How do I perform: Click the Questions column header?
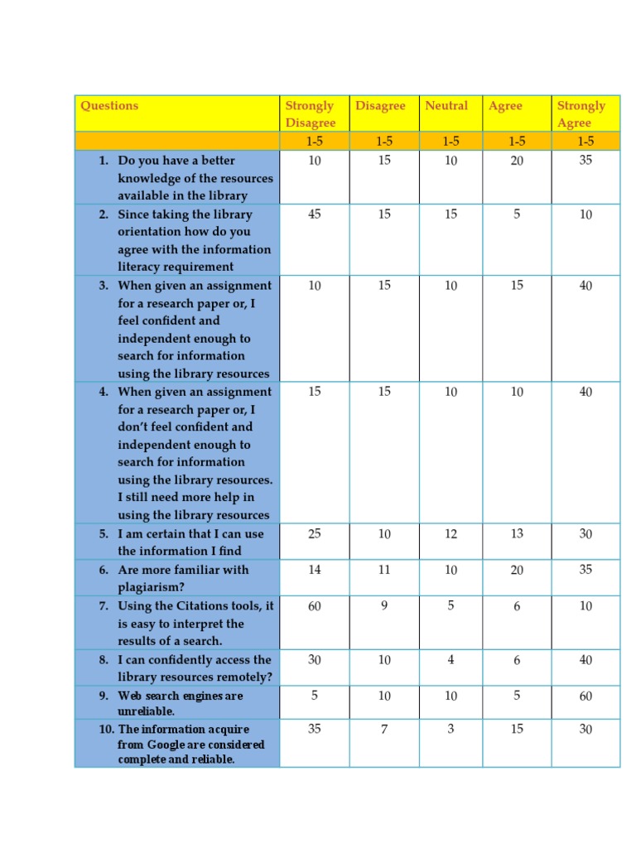tap(109, 106)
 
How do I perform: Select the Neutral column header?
tap(446, 106)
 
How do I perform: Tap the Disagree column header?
tap(380, 106)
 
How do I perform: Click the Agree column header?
tap(505, 106)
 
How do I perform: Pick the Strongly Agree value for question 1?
tap(585, 161)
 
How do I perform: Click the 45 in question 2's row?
tap(315, 214)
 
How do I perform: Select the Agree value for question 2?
tap(517, 214)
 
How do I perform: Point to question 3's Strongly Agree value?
tap(585, 286)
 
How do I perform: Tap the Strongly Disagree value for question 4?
tap(315, 392)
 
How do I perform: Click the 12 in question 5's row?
tap(450, 534)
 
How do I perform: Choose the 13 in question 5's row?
tap(517, 534)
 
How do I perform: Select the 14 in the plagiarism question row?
tap(315, 570)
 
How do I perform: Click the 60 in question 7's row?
tap(315, 606)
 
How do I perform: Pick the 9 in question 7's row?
tap(384, 606)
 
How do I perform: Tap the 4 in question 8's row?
tap(450, 660)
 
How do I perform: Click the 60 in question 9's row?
tap(585, 696)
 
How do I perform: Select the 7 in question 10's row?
tap(384, 730)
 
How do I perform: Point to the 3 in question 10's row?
tap(450, 730)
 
